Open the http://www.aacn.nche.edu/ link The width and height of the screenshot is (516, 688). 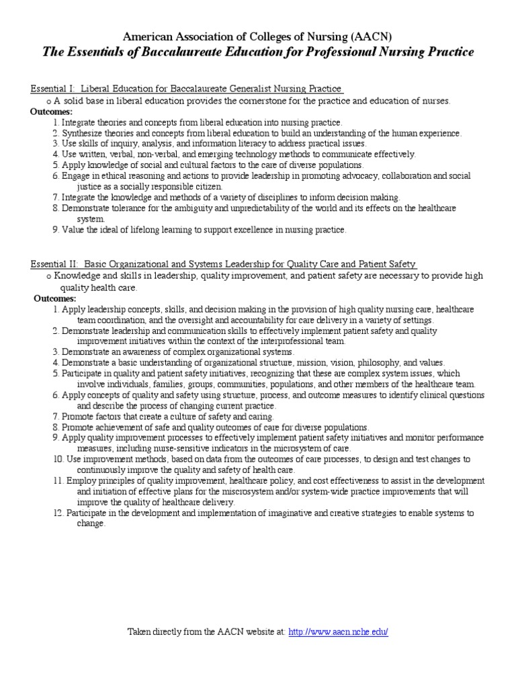click(x=338, y=632)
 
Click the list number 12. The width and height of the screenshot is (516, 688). click(x=58, y=513)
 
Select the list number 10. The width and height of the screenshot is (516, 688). click(x=58, y=459)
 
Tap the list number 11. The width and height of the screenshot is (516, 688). click(x=58, y=481)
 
